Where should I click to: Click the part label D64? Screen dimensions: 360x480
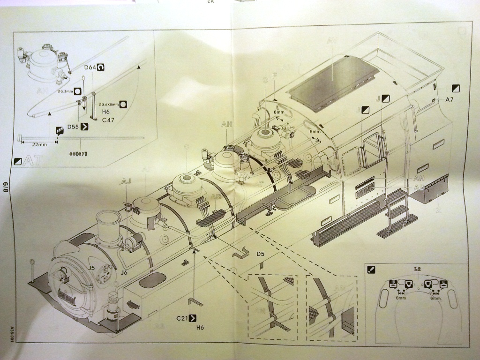click(x=90, y=68)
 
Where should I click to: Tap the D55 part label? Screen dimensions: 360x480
click(x=73, y=127)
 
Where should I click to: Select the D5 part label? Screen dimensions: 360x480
click(x=261, y=254)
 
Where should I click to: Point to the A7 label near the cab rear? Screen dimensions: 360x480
click(x=450, y=99)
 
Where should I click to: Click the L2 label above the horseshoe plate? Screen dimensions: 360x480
click(x=417, y=269)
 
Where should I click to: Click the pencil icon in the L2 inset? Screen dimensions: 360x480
click(x=371, y=270)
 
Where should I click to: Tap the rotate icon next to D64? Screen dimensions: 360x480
click(x=101, y=67)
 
